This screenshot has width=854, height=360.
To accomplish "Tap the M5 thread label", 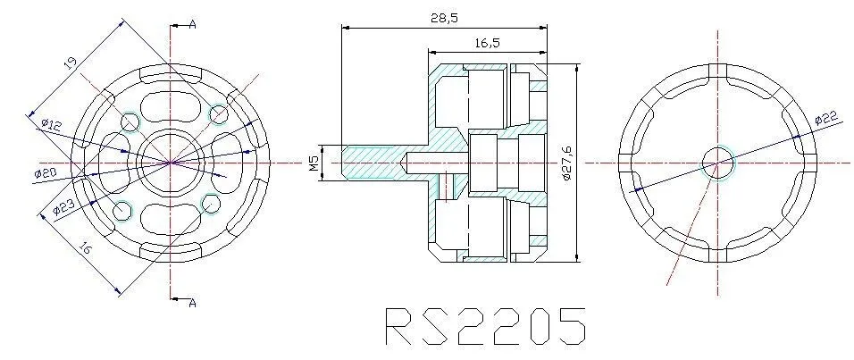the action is tap(314, 163).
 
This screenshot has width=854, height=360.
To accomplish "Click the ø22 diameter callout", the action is tap(826, 116).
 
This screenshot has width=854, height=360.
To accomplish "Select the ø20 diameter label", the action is tap(46, 172).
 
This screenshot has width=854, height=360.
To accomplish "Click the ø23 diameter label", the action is tap(63, 207).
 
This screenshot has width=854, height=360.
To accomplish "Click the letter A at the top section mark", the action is tap(192, 24).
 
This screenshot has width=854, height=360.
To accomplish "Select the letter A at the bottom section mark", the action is tap(191, 304).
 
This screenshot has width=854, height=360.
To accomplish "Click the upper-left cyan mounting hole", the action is tap(129, 120).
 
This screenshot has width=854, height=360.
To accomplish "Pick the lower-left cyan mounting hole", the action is tap(123, 212).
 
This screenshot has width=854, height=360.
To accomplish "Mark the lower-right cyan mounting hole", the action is tap(212, 205).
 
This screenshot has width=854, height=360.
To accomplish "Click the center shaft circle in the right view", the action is tap(717, 162).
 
